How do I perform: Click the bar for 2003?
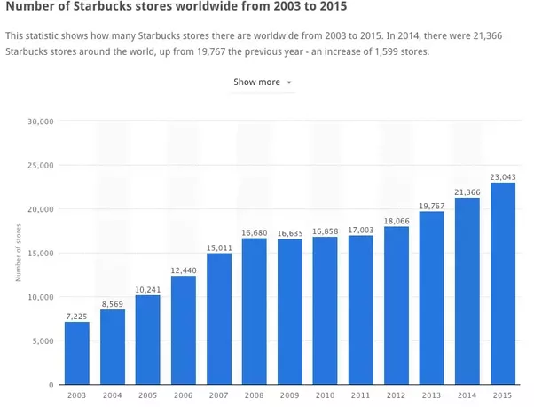coord(76,353)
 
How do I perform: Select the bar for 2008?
coord(254,311)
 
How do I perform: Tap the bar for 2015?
coord(502,284)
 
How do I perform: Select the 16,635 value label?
coord(289,231)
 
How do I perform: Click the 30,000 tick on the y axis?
coord(41,121)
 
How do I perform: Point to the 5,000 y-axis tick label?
coord(43,341)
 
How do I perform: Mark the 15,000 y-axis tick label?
coord(41,254)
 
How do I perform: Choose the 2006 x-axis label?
coord(183,395)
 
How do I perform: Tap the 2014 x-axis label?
coord(467,395)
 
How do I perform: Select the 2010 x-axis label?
coord(325,395)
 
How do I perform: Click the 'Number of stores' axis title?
coord(19,254)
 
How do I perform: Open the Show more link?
coord(256,82)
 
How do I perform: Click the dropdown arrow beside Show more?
coord(289,83)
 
